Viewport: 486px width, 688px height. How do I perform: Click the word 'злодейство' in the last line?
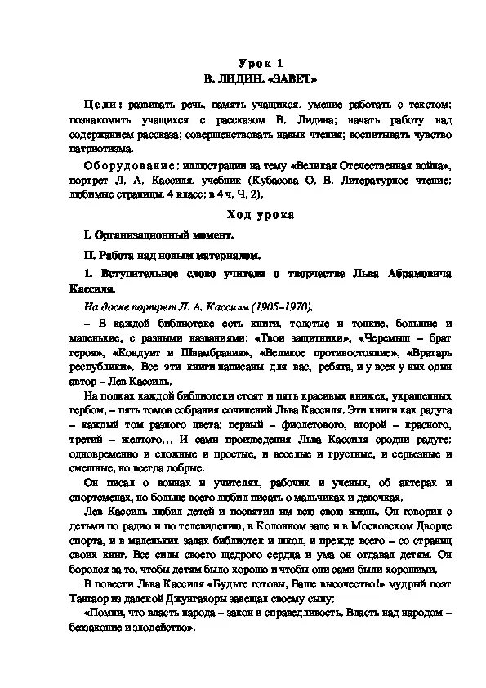click(x=167, y=628)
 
